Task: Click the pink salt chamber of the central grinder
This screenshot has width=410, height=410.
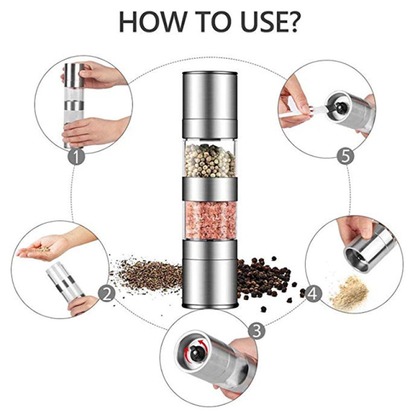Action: tap(210, 217)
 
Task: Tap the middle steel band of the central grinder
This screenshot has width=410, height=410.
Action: tap(210, 188)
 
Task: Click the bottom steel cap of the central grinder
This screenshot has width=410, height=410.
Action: tap(210, 274)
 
